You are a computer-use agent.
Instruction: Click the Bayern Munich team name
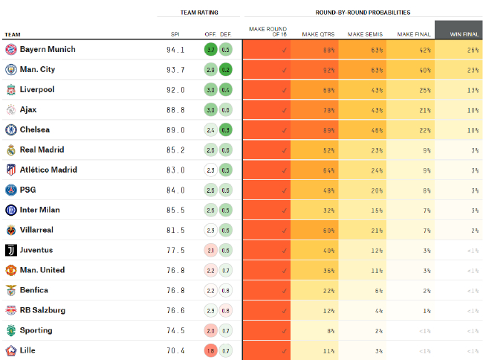point(48,50)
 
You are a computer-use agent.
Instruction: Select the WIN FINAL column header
point(458,33)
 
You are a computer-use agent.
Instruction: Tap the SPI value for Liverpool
point(175,90)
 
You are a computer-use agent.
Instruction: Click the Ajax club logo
point(11,110)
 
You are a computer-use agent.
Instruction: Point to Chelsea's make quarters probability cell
point(314,130)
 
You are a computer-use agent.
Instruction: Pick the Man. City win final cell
point(458,70)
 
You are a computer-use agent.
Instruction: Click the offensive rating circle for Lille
point(211,350)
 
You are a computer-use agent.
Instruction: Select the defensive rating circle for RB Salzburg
point(226,310)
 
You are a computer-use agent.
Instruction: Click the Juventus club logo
point(11,251)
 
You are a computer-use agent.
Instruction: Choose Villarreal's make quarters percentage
point(314,231)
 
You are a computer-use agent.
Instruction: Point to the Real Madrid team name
point(42,150)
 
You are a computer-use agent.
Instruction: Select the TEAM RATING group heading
point(198,13)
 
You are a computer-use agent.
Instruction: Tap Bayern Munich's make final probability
point(411,50)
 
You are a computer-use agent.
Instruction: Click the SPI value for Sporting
point(175,330)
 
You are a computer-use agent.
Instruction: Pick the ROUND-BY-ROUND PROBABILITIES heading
point(362,13)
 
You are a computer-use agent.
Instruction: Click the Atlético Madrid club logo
point(11,170)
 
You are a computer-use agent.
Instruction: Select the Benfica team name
point(34,290)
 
